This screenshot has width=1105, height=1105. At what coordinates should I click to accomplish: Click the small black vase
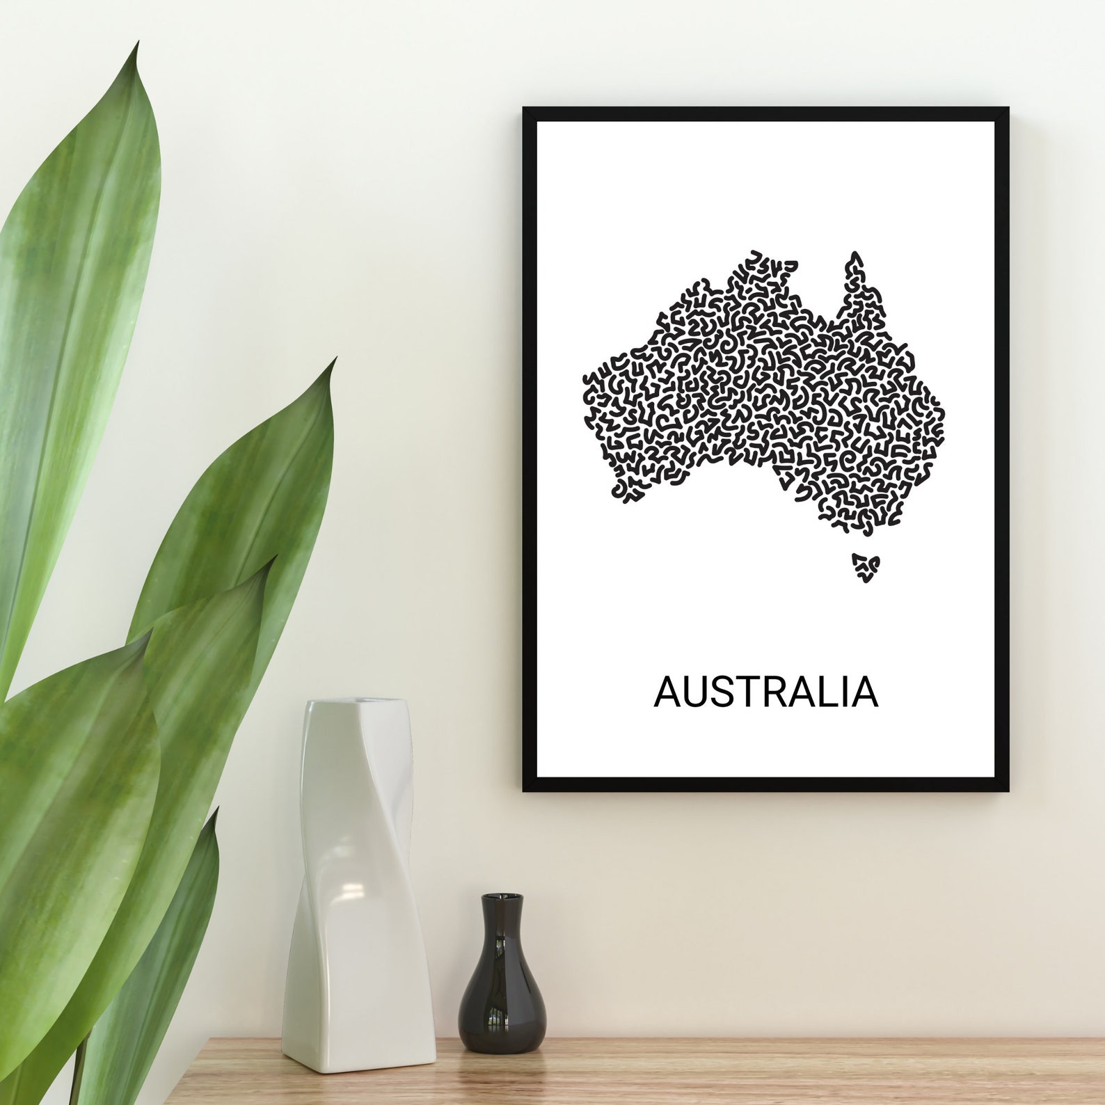pos(502,988)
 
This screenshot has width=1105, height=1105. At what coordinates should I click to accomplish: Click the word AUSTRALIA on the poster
pos(765,692)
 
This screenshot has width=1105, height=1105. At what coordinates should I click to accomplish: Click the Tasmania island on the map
pos(866,567)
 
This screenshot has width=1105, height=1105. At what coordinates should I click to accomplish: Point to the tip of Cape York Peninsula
pos(854,255)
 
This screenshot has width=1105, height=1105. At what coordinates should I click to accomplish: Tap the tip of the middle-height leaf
pos(335,360)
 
